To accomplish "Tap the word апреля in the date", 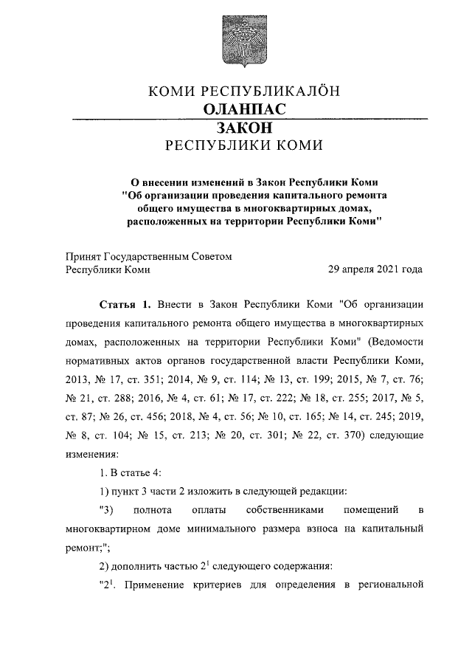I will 350,269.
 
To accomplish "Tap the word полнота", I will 153,510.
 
